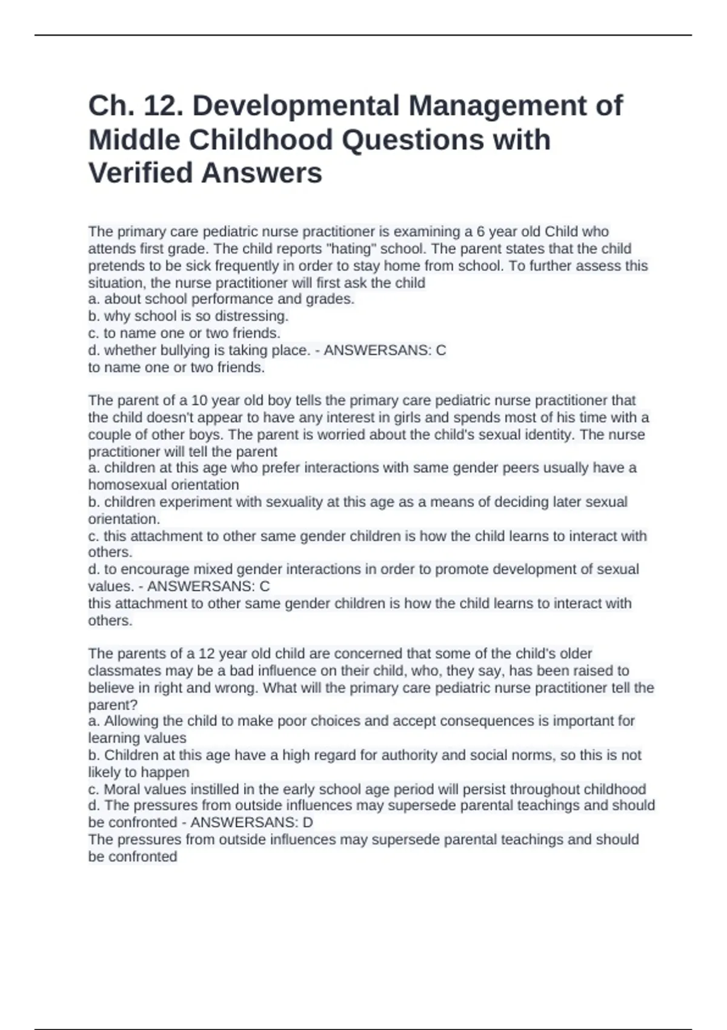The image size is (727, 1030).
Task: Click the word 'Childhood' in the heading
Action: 261,140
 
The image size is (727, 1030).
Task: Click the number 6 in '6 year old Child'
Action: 480,232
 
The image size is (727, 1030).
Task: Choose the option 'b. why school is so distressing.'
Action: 188,316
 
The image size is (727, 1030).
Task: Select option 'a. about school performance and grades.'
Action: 221,299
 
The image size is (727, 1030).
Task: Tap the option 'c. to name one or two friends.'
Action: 184,333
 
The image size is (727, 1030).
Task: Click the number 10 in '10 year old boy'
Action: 199,400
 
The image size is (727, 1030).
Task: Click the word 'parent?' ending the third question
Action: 113,705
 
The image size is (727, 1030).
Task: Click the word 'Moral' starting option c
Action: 123,789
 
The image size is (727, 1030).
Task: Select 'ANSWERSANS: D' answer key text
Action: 251,823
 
